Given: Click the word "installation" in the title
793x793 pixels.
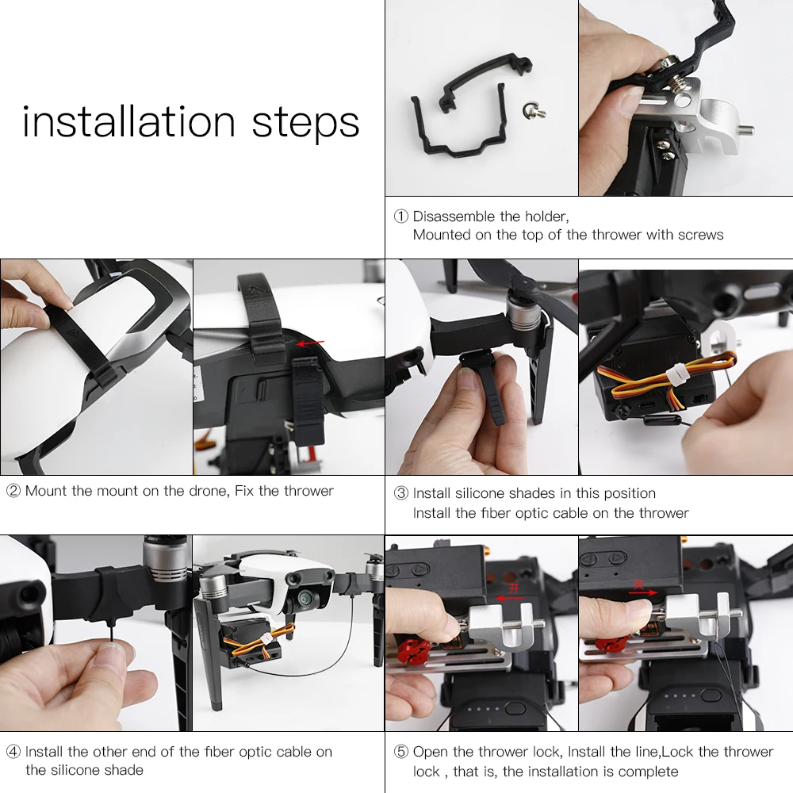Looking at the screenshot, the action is tap(129, 122).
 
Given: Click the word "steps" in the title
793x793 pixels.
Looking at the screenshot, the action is tap(305, 125).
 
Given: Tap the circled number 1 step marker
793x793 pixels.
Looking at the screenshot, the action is tap(401, 216).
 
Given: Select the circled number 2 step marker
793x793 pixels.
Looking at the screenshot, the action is tap(13, 491).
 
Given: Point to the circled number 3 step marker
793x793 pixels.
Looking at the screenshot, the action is tap(401, 493).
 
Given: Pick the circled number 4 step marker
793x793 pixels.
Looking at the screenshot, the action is tap(13, 752).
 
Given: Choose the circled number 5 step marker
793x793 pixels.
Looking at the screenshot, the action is tap(401, 752).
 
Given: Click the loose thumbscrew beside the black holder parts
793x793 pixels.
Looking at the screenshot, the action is tap(534, 109).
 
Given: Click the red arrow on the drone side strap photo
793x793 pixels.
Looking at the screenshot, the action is tap(310, 343).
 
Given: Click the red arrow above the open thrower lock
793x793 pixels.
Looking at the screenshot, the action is tap(511, 598).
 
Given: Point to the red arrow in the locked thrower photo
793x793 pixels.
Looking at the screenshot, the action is tap(642, 592).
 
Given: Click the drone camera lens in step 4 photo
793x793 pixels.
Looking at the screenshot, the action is tap(305, 600).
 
